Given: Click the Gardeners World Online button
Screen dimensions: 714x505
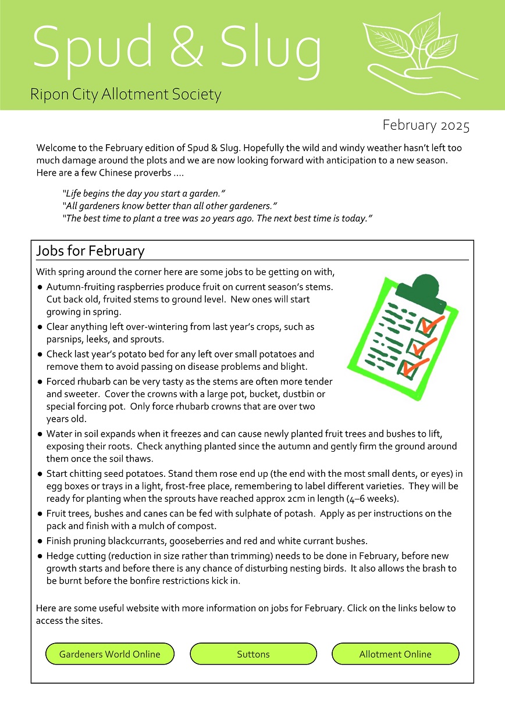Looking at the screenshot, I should (x=110, y=654).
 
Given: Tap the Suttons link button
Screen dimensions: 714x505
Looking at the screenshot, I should (x=253, y=654).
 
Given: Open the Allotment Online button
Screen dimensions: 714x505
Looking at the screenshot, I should (x=395, y=654).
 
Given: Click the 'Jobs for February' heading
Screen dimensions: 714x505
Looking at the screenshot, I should (x=90, y=251).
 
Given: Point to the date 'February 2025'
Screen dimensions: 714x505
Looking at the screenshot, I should (x=426, y=126).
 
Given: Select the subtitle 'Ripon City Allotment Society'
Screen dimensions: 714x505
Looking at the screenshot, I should (x=126, y=94).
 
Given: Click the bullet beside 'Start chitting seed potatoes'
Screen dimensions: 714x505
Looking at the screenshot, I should (x=40, y=474).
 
